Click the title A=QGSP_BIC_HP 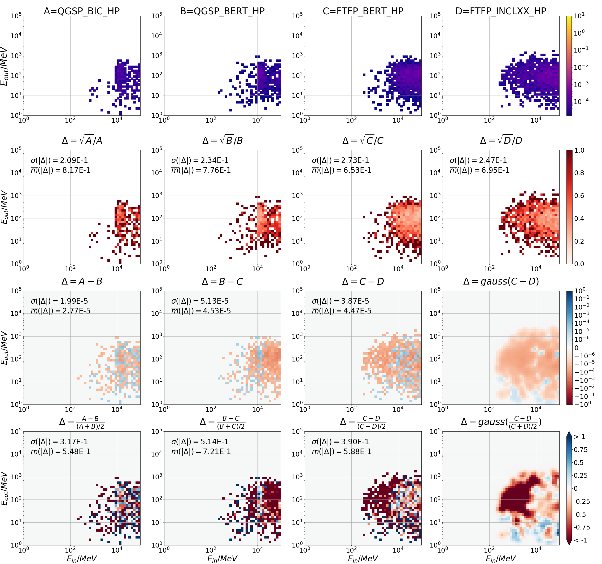click(x=82, y=11)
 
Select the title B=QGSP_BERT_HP click(x=222, y=11)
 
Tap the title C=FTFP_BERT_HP click(x=363, y=11)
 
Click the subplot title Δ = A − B click(x=82, y=281)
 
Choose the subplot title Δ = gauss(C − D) click(x=501, y=281)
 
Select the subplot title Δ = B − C click(x=222, y=281)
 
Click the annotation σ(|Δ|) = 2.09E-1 click(x=59, y=160)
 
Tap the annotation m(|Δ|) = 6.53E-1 click(x=342, y=170)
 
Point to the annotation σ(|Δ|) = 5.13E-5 click(x=200, y=301)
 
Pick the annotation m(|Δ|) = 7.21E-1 click(x=201, y=451)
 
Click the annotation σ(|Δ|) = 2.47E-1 click(x=478, y=160)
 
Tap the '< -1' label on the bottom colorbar click(x=580, y=540)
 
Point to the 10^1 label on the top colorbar click(x=579, y=16)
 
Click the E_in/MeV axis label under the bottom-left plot click(x=82, y=558)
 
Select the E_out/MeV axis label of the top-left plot click(x=4, y=66)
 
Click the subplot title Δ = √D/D click(x=501, y=141)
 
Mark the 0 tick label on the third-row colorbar click(x=577, y=348)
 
